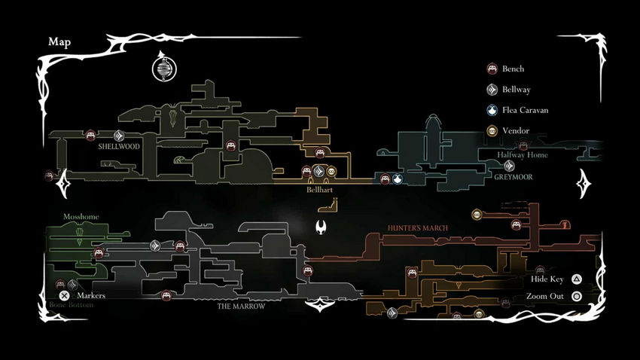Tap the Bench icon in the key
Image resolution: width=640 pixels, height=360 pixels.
point(492,69)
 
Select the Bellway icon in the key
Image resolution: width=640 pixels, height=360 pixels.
point(492,90)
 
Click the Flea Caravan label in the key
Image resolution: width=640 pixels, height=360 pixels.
point(526,110)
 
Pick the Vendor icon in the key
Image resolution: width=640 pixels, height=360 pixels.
point(492,130)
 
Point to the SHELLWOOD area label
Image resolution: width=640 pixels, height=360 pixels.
point(119,147)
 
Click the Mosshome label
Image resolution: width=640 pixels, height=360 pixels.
point(81,216)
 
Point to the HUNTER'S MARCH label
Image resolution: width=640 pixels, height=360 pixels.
point(418,227)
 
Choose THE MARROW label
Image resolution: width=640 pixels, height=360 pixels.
point(239,307)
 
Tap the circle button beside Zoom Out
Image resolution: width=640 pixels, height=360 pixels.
point(577,296)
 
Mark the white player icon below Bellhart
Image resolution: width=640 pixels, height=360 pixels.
point(322,227)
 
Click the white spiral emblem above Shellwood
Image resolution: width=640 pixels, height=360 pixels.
point(163,69)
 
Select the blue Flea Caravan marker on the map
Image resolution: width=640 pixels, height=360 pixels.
point(397,179)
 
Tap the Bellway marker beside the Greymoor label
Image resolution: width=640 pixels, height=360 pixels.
point(510,166)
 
